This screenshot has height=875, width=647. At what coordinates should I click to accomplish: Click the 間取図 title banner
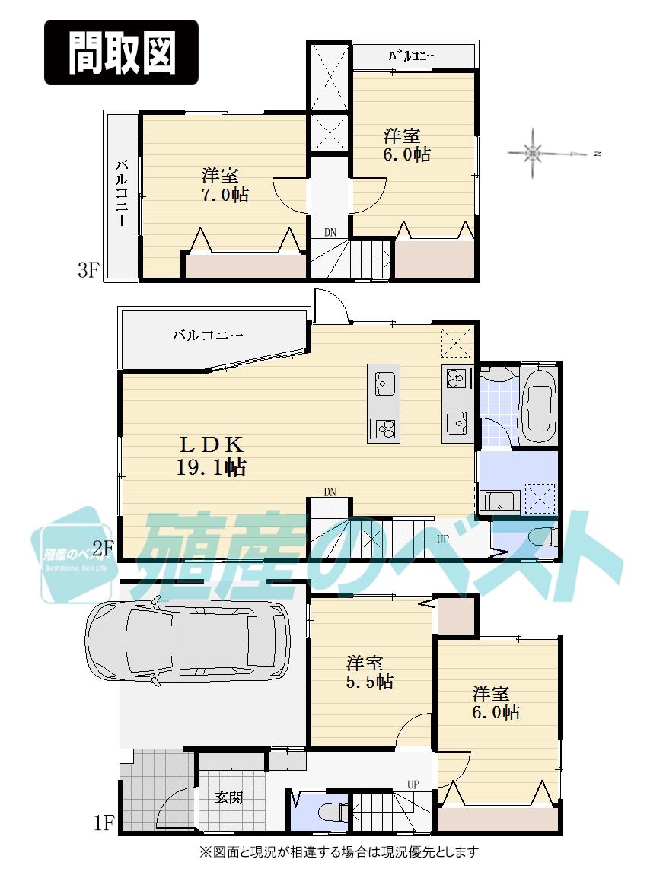click(121, 52)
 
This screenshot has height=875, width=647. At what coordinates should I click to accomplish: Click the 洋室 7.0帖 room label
click(225, 185)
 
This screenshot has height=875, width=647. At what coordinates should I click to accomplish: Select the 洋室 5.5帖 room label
click(369, 672)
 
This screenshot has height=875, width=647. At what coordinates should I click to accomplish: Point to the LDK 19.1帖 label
click(210, 455)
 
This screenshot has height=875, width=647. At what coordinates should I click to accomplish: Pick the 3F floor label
click(88, 271)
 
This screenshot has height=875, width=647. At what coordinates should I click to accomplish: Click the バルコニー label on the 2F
click(207, 335)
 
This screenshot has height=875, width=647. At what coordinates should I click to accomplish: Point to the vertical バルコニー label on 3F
click(122, 195)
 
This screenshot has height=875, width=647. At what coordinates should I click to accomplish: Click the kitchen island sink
click(383, 381)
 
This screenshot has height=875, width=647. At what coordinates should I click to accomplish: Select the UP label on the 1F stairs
click(413, 784)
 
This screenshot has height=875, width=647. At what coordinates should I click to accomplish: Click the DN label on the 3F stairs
click(330, 231)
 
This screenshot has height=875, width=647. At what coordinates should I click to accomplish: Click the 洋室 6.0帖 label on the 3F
click(406, 145)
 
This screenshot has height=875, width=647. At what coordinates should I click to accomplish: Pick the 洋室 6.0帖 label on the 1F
click(496, 703)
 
